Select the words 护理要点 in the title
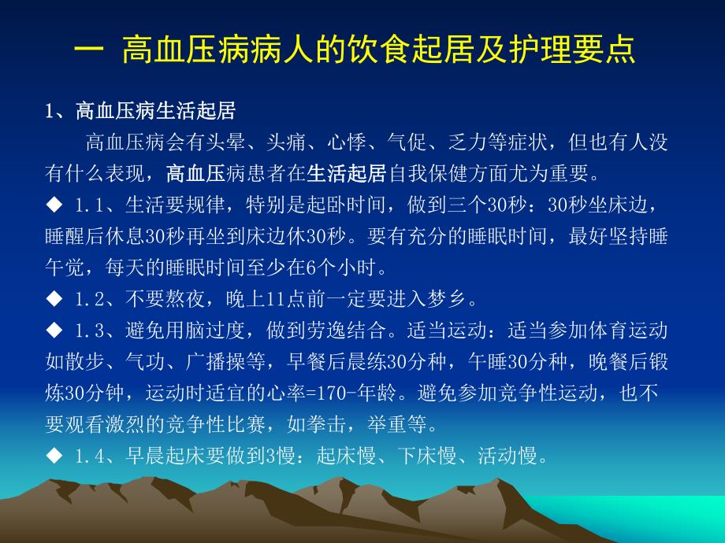[588, 52]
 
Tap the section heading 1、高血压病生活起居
[140, 111]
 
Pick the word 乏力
[467, 142]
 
